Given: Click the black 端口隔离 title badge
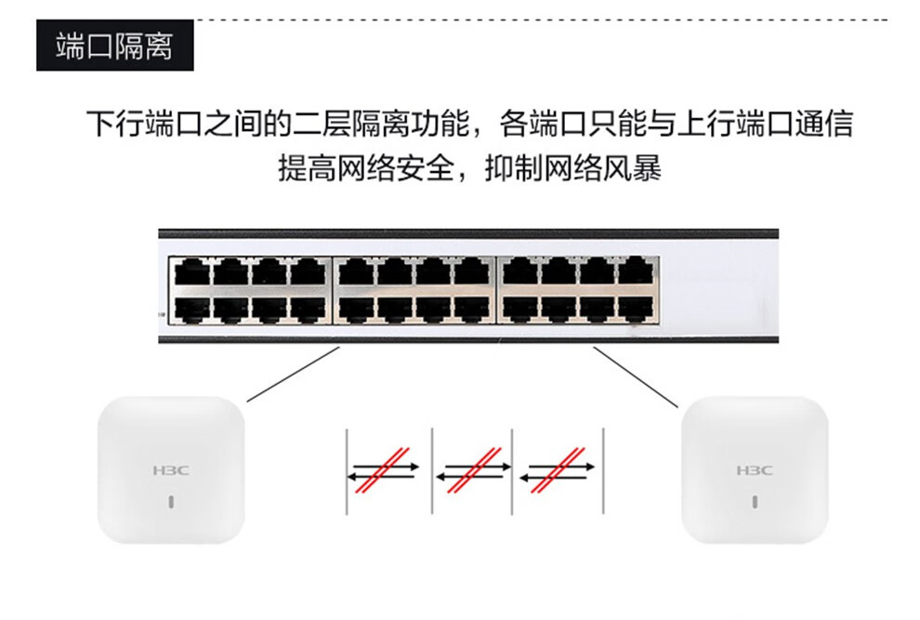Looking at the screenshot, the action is click(x=114, y=46).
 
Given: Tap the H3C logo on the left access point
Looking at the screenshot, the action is click(x=170, y=470).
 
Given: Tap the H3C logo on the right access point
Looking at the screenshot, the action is click(x=754, y=470).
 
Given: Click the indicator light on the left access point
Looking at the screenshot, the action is click(x=171, y=503).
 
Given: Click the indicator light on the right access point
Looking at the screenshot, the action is click(x=755, y=503).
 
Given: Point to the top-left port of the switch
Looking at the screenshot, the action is click(x=191, y=272).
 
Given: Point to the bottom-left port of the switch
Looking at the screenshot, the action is click(x=191, y=308).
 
